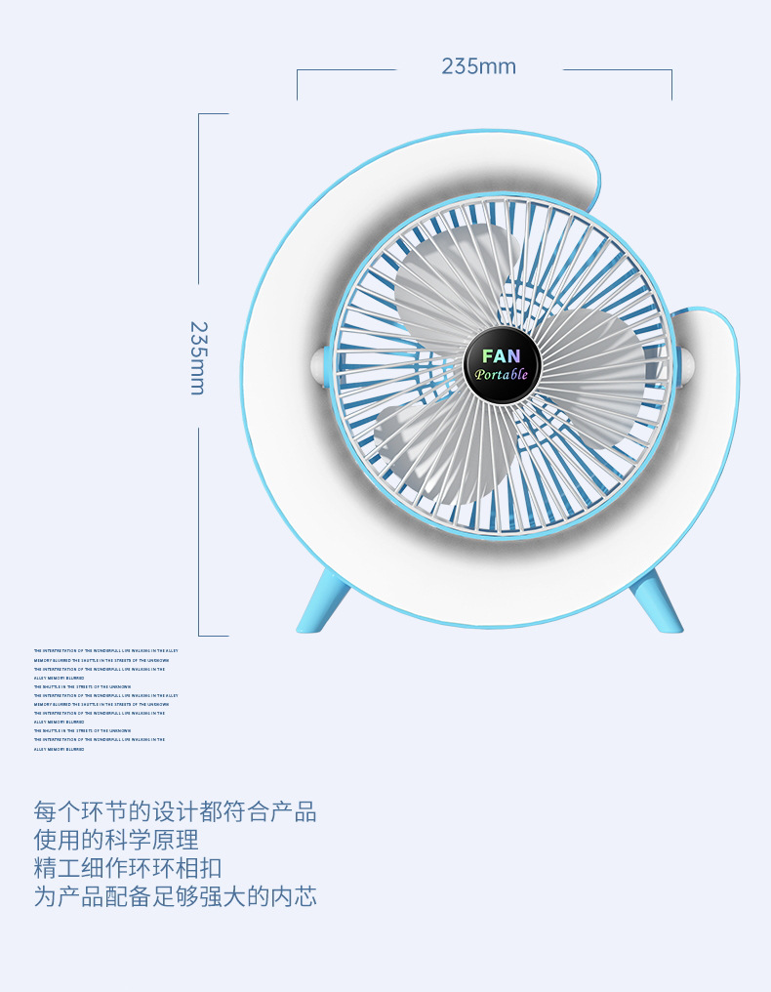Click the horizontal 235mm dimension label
[478, 66]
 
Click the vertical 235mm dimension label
[197, 357]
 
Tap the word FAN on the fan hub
[502, 356]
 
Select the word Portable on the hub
[502, 375]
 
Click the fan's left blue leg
[322, 601]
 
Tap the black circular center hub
[502, 365]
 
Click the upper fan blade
[454, 273]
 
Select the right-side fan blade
[595, 366]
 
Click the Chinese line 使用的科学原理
[116, 840]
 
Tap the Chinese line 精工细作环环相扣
[128, 868]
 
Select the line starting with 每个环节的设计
[176, 811]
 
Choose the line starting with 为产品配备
[176, 896]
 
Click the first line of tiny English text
[105, 650]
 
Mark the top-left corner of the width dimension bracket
[298, 70]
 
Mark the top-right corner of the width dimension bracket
[671, 70]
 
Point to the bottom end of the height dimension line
[199, 636]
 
